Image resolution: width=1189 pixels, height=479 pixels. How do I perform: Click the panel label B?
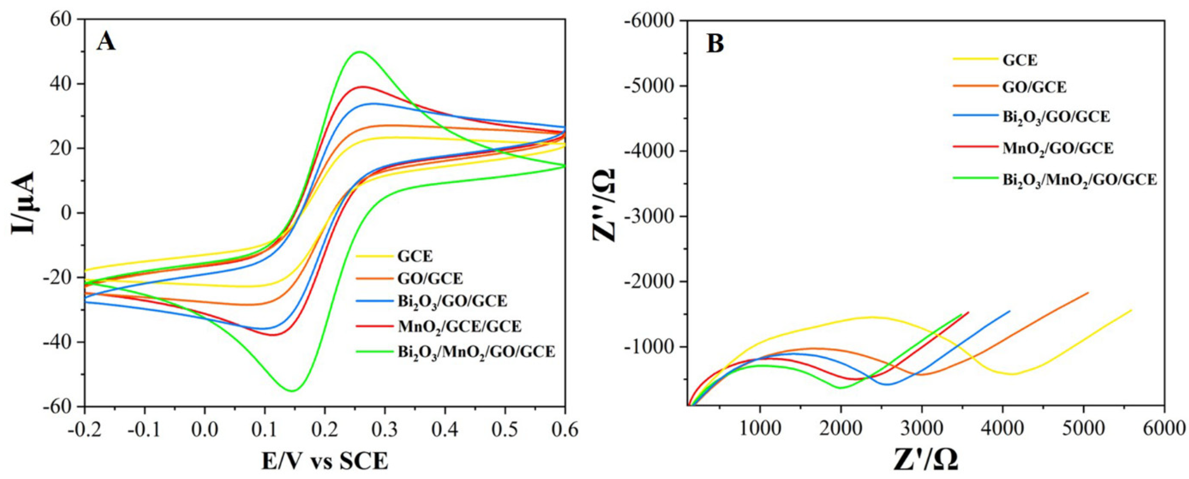coord(716,44)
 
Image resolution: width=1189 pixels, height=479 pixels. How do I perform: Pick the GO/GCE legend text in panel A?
coord(430,279)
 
